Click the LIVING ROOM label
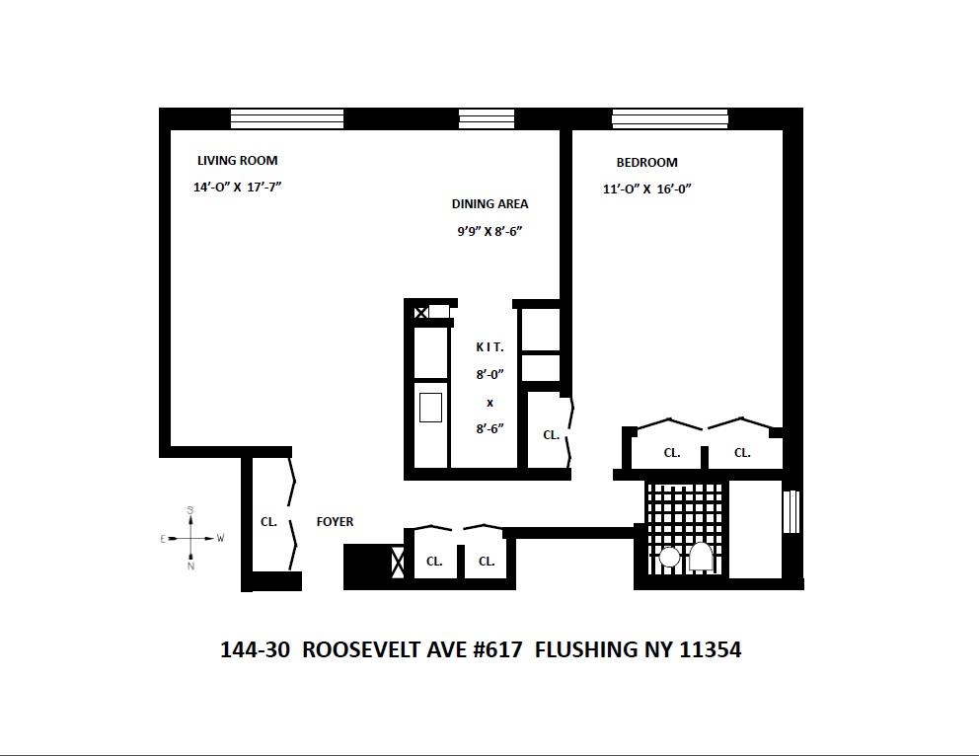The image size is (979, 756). click(x=237, y=161)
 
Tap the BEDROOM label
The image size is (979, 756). click(x=646, y=163)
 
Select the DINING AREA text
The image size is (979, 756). click(x=489, y=204)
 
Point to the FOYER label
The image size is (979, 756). click(x=335, y=522)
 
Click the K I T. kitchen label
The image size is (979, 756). click(x=489, y=347)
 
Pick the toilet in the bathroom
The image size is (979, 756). click(x=702, y=558)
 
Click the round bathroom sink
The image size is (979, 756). click(x=669, y=558)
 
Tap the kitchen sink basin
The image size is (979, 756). click(x=431, y=407)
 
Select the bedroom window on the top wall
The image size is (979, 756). click(x=669, y=118)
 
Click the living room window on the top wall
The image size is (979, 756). click(x=286, y=118)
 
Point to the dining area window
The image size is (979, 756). click(x=486, y=118)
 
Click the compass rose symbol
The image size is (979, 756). click(x=190, y=539)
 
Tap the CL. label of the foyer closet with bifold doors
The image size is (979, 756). click(x=268, y=522)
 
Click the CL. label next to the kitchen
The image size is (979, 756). click(x=551, y=435)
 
